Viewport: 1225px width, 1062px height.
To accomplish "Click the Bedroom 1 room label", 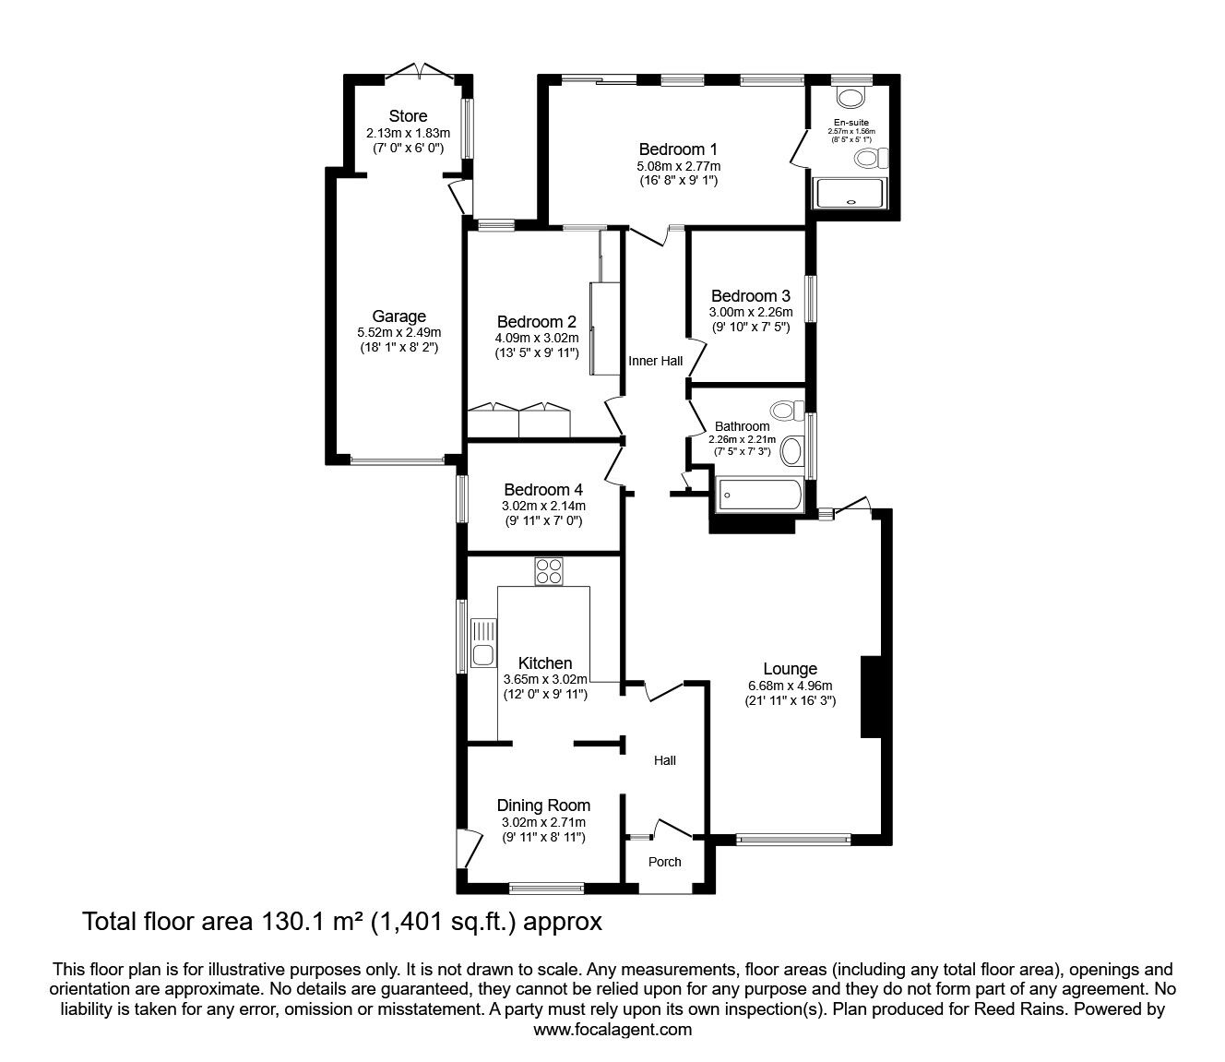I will pos(677,149).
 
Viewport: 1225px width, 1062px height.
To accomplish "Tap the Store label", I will pos(408,116).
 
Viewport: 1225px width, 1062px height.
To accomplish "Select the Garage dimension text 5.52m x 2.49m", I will pos(398,332).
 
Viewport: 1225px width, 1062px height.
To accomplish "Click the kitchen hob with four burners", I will pos(548,571).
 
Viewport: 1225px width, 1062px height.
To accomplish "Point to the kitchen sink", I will pos(482,644).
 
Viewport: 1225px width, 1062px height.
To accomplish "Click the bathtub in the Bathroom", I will pos(759,495).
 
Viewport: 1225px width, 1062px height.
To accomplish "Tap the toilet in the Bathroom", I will pos(785,410).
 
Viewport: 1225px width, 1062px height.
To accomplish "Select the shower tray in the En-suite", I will pos(849,193).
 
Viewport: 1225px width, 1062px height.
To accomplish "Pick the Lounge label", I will pos(790,669).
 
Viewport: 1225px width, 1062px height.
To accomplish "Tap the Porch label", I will pos(664,862).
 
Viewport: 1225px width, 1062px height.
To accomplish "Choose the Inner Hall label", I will pos(655,361).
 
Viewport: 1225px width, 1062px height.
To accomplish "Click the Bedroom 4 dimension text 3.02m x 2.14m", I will pos(543,506).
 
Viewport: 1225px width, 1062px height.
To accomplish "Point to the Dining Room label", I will pos(543,805).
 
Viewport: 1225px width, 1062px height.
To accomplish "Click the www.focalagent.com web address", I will pos(612,1030).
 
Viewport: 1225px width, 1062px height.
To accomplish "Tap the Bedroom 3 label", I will pos(750,296).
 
